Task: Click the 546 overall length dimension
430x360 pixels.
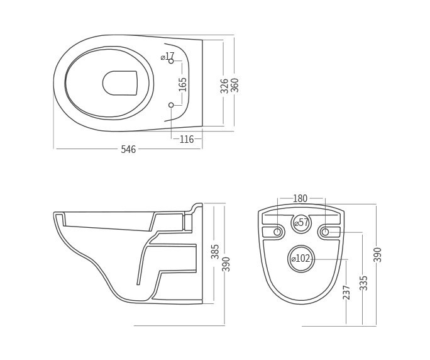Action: click(x=128, y=149)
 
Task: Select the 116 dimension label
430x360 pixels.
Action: click(x=187, y=139)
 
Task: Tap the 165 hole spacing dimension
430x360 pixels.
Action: click(x=183, y=84)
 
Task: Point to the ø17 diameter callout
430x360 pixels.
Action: click(x=167, y=56)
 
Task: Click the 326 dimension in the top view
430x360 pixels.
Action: click(x=224, y=85)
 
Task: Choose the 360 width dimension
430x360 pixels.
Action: click(x=234, y=85)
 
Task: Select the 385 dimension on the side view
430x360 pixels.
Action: click(x=215, y=252)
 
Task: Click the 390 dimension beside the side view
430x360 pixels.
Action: click(x=226, y=264)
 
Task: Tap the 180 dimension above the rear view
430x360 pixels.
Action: click(x=300, y=199)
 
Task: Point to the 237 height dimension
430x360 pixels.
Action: click(x=346, y=292)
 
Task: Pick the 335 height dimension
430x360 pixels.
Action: click(x=363, y=283)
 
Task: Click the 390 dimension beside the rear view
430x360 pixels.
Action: click(x=377, y=254)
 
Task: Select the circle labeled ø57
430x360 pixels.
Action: click(x=302, y=223)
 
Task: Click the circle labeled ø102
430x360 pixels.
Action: click(x=301, y=259)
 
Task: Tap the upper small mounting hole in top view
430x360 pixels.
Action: click(x=171, y=61)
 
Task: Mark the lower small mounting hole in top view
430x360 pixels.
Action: click(x=171, y=105)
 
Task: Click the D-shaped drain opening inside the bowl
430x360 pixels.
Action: click(x=120, y=82)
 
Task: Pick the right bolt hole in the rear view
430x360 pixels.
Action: click(x=325, y=232)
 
